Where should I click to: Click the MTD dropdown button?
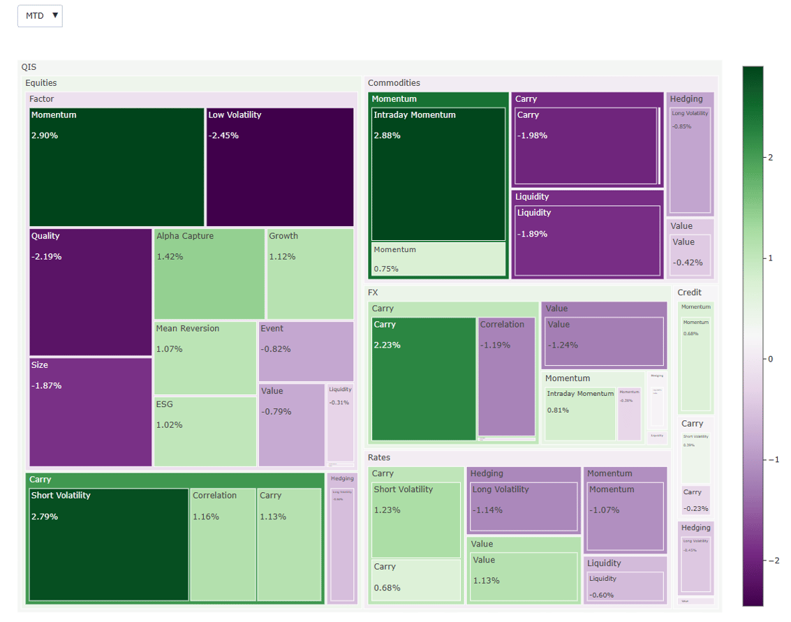click(40, 16)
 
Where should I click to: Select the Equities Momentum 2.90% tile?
click(117, 167)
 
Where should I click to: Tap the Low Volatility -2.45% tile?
click(280, 167)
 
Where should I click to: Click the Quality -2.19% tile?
click(90, 292)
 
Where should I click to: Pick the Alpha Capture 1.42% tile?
click(209, 274)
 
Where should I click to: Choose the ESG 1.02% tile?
click(205, 431)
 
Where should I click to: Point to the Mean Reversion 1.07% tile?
click(205, 358)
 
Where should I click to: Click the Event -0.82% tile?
click(306, 351)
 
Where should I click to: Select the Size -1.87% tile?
click(90, 412)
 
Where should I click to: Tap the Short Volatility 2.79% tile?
click(109, 545)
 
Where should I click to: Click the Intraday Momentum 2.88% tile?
click(438, 174)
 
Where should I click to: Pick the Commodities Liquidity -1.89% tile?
click(587, 240)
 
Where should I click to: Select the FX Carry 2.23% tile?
click(423, 379)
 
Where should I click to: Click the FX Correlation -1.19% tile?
click(506, 376)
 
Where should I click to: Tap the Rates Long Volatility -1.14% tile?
click(524, 506)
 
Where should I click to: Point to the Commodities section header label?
click(394, 83)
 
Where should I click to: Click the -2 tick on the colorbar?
click(771, 561)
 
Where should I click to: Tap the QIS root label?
click(29, 67)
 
